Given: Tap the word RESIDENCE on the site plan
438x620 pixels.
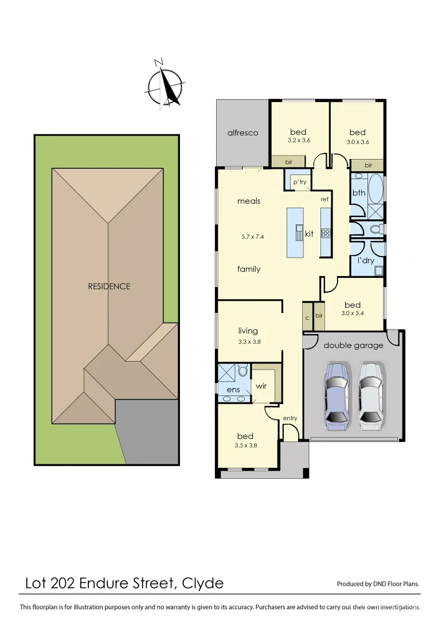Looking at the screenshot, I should pyautogui.click(x=109, y=286).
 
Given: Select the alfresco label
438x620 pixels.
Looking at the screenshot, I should pyautogui.click(x=243, y=133).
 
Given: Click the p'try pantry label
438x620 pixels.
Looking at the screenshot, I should pyautogui.click(x=300, y=183).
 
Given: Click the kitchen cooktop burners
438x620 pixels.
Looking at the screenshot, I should pyautogui.click(x=325, y=233).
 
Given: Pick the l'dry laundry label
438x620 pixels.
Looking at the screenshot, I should pyautogui.click(x=366, y=261).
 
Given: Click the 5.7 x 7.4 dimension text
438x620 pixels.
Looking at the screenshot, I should pyautogui.click(x=249, y=236).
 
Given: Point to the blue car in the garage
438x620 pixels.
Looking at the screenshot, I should pyautogui.click(x=336, y=396).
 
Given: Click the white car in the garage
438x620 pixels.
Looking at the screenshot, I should pyautogui.click(x=370, y=396).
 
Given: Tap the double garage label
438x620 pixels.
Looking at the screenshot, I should pyautogui.click(x=353, y=345).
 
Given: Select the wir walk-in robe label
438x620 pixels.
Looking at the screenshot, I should pyautogui.click(x=261, y=386).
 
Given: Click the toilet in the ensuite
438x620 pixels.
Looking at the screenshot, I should pyautogui.click(x=243, y=371).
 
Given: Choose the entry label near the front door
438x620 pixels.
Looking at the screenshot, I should pyautogui.click(x=290, y=418).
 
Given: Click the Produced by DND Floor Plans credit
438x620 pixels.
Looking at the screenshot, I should pyautogui.click(x=378, y=584).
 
